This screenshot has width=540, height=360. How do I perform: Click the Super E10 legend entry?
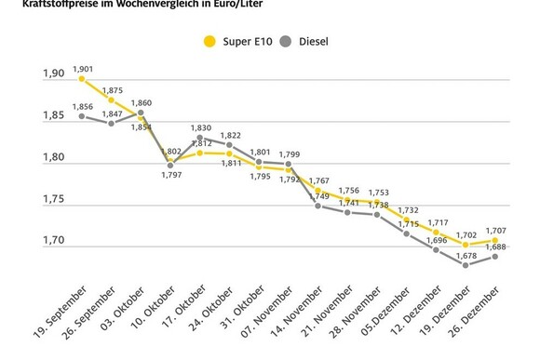pos(240,41)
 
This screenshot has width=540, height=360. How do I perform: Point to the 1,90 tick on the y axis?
pos(53,74)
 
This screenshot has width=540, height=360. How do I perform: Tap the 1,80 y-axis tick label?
pos(53,158)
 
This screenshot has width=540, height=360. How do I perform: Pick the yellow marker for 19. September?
pos(82,79)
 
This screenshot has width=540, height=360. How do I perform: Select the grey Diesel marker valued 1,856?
pos(82,116)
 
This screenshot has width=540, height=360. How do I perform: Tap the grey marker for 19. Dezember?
pos(467,264)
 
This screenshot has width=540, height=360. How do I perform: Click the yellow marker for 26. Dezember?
pos(496,240)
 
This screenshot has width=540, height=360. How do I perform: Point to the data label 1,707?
pos(496,229)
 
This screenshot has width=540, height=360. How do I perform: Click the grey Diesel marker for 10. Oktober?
pos(170,166)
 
